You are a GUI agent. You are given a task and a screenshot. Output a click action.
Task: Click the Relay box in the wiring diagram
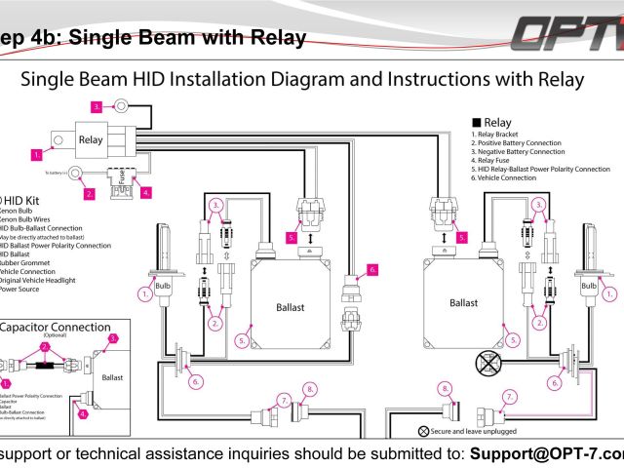(91, 140)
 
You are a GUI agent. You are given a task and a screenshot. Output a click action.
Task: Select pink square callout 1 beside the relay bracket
(36, 154)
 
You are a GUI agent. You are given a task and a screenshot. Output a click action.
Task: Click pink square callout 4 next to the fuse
(147, 193)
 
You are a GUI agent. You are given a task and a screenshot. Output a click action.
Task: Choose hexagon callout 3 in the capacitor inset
(112, 338)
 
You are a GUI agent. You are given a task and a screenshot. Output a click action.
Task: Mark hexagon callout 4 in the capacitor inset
(83, 413)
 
